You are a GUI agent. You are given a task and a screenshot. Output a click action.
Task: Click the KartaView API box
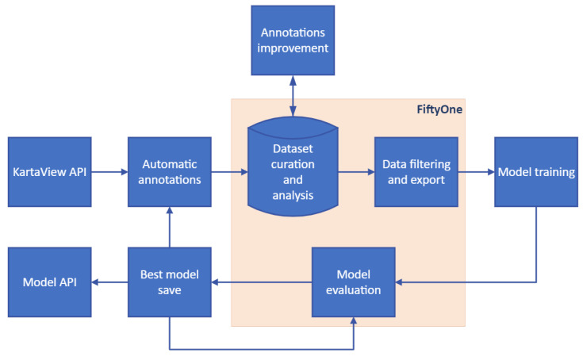click(49, 171)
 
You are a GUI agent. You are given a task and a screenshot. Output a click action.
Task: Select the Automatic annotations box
click(170, 171)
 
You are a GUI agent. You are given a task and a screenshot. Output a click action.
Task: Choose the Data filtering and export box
click(416, 171)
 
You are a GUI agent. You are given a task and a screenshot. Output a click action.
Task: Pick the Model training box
click(536, 171)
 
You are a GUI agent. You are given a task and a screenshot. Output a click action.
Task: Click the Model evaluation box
click(353, 281)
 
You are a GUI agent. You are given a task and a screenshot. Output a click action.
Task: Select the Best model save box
click(170, 281)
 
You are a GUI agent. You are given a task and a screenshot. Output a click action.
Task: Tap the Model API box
click(49, 281)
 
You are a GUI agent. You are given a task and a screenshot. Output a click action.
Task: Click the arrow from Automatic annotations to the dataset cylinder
click(230, 171)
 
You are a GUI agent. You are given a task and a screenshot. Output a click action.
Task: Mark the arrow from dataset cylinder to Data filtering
click(355, 171)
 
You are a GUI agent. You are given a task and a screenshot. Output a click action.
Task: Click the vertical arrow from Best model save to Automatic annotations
click(170, 226)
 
